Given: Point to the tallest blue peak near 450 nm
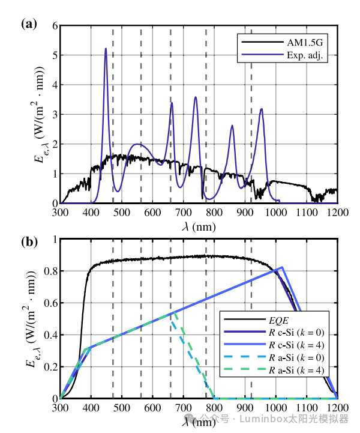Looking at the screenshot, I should click(106, 49).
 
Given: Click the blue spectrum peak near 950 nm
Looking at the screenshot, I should click(261, 109).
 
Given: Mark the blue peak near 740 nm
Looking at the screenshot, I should click(195, 97).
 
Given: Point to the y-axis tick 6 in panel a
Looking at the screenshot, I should click(54, 26).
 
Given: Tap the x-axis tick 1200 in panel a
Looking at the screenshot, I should click(337, 212).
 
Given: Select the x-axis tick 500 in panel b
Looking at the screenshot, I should click(122, 408).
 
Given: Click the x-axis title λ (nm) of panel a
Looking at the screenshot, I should click(199, 226).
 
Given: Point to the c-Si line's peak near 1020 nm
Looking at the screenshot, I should click(282, 267).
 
